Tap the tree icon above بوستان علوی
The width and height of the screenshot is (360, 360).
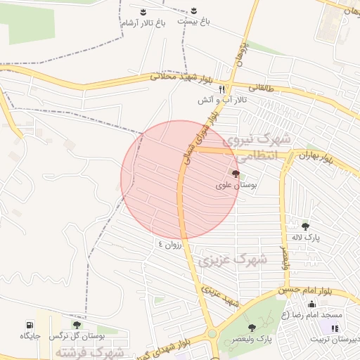point(235,172)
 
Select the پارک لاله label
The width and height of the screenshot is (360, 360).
point(307,238)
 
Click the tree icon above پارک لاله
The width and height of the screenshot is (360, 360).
point(305,226)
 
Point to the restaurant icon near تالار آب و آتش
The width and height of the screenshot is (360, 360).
point(222,89)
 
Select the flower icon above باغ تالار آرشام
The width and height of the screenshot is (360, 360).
point(143,12)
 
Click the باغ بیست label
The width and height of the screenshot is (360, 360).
point(193,22)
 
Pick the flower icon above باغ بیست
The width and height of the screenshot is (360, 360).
point(193,12)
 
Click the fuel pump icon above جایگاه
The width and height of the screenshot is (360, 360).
point(29,325)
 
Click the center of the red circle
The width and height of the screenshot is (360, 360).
point(181,180)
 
